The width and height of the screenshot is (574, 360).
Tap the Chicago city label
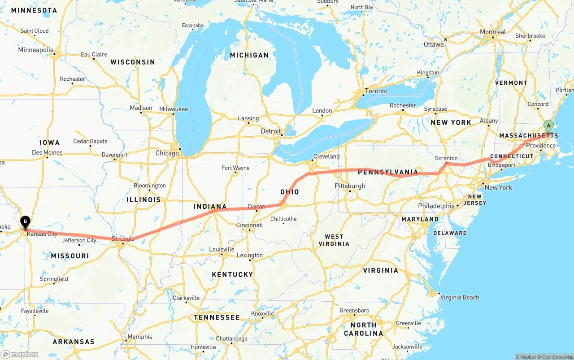167,153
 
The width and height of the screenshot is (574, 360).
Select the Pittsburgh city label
350,186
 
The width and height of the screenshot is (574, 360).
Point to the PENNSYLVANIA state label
388,172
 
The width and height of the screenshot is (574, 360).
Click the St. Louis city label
123,239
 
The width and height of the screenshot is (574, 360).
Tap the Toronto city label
376,91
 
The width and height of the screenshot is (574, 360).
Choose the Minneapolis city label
35,50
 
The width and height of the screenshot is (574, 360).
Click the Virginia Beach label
459,297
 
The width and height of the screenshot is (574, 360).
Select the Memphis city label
140,337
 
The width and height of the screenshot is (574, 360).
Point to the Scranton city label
446,158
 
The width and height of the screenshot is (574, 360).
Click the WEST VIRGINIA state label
334,240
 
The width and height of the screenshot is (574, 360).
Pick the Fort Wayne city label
235,168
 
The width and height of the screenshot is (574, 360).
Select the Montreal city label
493,32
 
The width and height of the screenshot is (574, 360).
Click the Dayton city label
257,207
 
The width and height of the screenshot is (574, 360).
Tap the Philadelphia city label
436,206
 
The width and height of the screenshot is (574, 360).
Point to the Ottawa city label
434,44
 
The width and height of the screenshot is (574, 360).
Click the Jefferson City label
79,240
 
